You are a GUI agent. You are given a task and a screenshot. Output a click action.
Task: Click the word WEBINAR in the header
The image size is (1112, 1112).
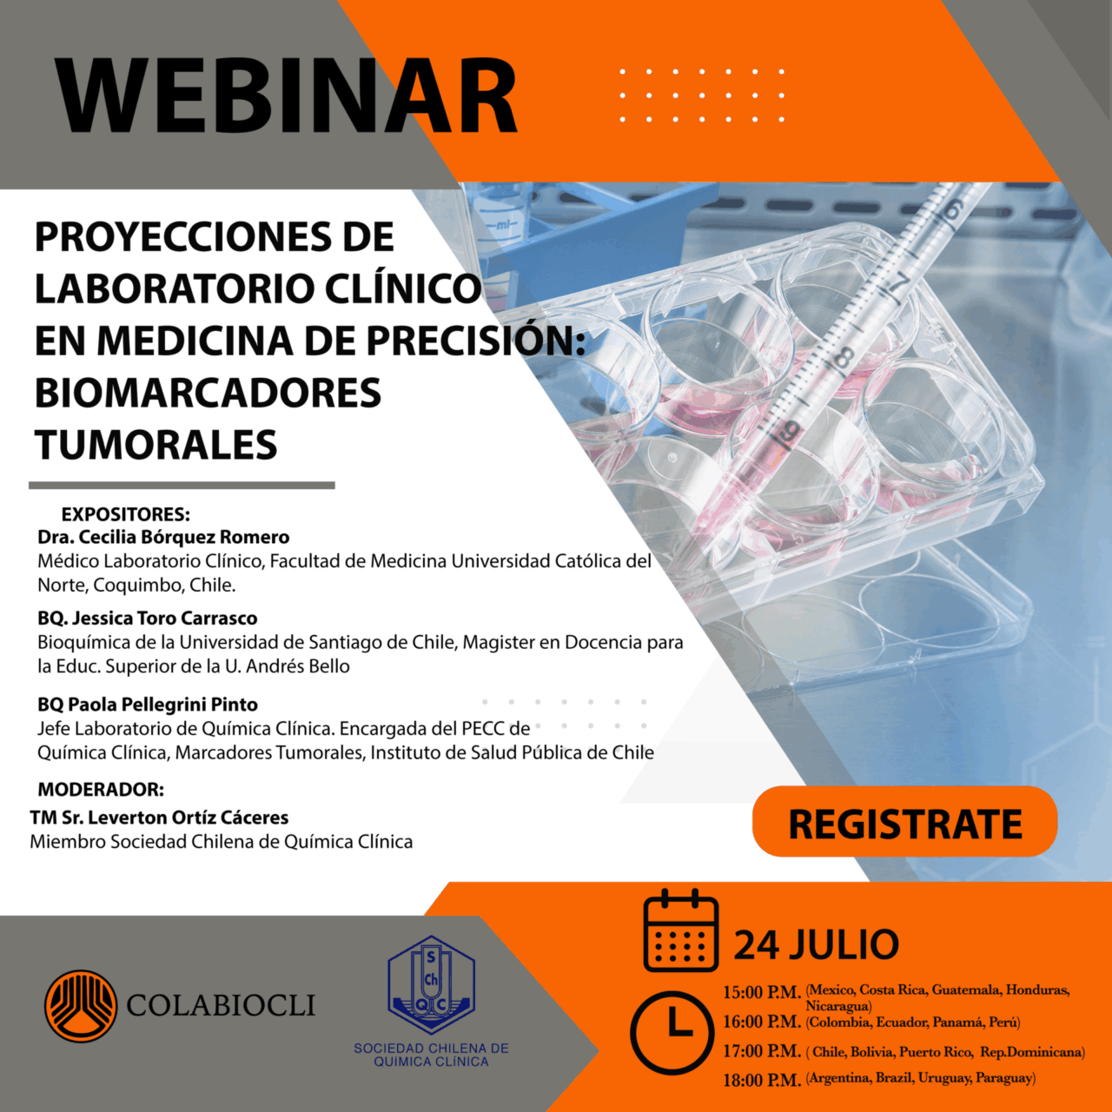click(x=286, y=96)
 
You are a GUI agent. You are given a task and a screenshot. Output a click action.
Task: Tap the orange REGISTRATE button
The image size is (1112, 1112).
click(x=905, y=821)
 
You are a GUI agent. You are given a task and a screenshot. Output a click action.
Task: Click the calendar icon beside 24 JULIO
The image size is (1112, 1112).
click(x=681, y=930)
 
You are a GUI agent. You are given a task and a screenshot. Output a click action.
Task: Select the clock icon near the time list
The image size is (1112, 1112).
click(x=672, y=1032)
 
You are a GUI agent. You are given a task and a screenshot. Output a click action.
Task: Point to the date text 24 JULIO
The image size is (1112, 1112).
click(x=816, y=944)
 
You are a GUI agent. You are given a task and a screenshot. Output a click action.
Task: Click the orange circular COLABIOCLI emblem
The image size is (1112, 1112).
click(x=81, y=1006)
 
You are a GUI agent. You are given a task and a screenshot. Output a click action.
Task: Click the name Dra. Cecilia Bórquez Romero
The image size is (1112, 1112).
click(x=163, y=537)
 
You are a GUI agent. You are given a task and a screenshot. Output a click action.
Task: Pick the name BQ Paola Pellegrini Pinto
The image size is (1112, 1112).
click(x=148, y=705)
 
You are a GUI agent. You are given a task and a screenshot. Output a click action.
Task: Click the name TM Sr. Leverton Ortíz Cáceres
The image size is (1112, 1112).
click(x=159, y=817)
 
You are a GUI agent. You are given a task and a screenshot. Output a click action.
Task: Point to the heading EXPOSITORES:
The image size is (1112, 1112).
click(x=126, y=514)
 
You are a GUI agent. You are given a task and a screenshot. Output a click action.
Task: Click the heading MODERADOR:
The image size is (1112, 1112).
click(x=101, y=790)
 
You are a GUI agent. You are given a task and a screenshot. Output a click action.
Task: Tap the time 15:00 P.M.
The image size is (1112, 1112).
click(x=762, y=993)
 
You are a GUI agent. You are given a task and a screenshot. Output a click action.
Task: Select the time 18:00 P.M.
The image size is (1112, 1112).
click(x=762, y=1080)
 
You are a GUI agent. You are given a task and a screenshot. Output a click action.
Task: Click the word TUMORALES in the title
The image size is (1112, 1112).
click(x=156, y=444)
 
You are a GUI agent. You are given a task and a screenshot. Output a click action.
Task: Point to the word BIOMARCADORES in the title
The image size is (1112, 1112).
click(x=208, y=393)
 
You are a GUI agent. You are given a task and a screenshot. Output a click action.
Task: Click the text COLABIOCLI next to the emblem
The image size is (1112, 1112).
click(x=221, y=1005)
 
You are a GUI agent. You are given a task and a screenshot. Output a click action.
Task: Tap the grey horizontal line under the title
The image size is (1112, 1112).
click(x=182, y=486)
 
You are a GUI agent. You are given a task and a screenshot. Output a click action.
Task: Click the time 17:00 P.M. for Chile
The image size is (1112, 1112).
click(x=762, y=1051)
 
